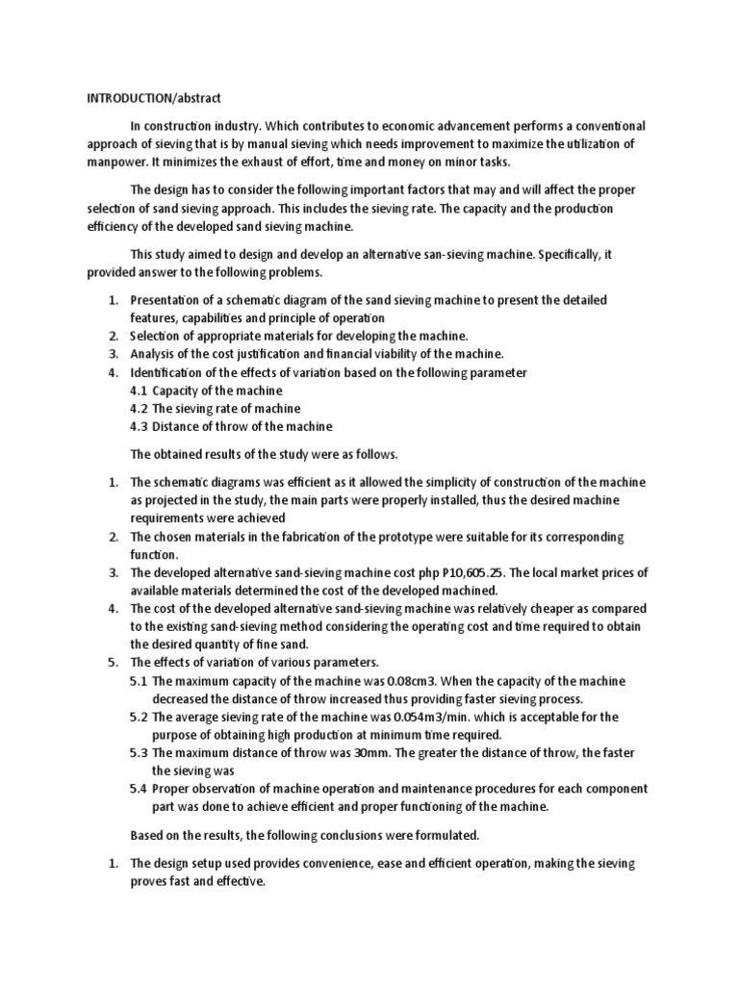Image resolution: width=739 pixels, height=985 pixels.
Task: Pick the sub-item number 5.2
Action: pos(139,717)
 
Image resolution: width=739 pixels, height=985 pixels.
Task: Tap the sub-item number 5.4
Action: pos(139,789)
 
